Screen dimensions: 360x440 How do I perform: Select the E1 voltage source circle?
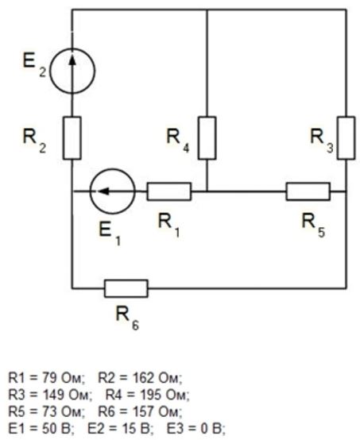click(x=113, y=169)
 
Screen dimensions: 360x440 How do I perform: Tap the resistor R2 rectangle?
click(x=72, y=137)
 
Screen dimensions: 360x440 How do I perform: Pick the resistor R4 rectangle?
click(x=207, y=137)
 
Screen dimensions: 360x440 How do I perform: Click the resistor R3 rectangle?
click(x=346, y=137)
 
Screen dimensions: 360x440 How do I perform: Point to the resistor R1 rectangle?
click(x=169, y=191)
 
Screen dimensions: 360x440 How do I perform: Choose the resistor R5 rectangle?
click(x=308, y=191)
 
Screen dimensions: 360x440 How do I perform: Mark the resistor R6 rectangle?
click(x=126, y=288)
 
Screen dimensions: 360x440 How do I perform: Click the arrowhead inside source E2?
click(x=72, y=59)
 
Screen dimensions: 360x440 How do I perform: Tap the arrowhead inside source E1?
click(x=103, y=191)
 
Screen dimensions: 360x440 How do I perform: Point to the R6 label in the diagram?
click(x=127, y=318)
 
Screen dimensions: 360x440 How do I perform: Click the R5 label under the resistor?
click(x=313, y=225)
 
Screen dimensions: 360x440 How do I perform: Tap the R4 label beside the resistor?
click(x=178, y=141)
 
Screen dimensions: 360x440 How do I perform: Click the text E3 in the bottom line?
click(x=174, y=429)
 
